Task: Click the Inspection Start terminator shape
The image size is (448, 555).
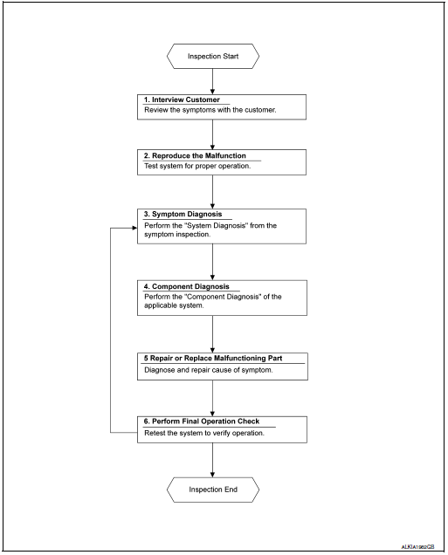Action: pyautogui.click(x=213, y=57)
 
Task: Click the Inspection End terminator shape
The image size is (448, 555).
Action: pyautogui.click(x=213, y=490)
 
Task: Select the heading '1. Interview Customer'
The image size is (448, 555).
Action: pyautogui.click(x=183, y=100)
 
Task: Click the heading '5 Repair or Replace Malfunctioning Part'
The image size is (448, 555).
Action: pyautogui.click(x=212, y=357)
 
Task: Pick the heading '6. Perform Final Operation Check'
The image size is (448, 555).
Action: pyautogui.click(x=202, y=421)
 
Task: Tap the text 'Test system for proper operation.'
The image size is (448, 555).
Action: pyautogui.click(x=190, y=166)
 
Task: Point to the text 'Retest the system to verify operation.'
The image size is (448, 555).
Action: pyautogui.click(x=203, y=433)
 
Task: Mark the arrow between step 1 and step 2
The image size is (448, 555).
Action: pyautogui.click(x=213, y=134)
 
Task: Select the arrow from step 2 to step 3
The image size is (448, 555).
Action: pyautogui.click(x=213, y=191)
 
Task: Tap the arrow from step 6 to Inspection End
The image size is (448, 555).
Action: pyautogui.click(x=213, y=458)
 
